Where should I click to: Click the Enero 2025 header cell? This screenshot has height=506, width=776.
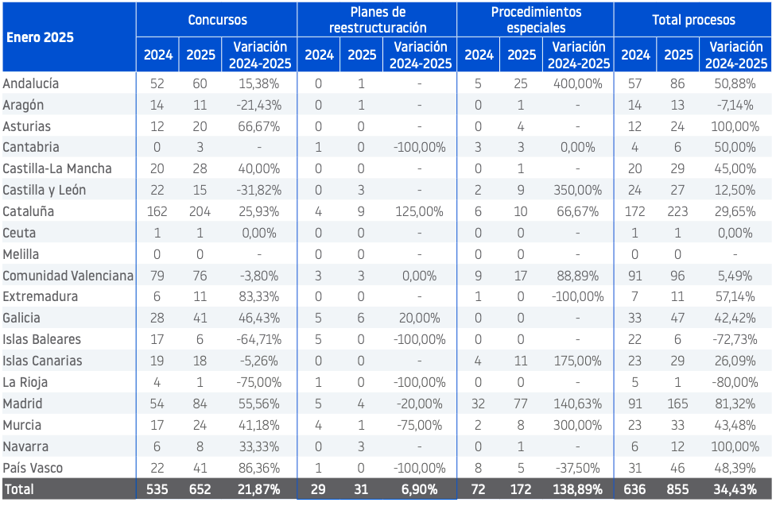(40, 37)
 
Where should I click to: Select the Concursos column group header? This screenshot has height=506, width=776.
(217, 20)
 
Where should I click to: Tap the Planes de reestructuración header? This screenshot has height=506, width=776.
(378, 20)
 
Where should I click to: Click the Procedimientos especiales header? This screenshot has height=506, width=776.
(536, 20)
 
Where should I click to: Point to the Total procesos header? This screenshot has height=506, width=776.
(693, 20)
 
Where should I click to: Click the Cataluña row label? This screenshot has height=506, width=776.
(28, 212)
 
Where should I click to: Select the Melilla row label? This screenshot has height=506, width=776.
(21, 254)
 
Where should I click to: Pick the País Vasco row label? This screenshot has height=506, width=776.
(33, 468)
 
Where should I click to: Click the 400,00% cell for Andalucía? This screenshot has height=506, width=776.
(578, 83)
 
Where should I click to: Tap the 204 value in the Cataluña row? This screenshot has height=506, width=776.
(200, 212)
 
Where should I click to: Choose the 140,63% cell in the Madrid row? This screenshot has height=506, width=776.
(578, 404)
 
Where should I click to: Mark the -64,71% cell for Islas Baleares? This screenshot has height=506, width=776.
(259, 339)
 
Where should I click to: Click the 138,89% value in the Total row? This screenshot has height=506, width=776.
(578, 489)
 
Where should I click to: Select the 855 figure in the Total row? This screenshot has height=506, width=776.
(677, 489)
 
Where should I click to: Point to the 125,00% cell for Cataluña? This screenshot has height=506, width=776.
(419, 212)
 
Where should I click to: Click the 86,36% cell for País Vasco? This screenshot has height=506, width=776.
(259, 468)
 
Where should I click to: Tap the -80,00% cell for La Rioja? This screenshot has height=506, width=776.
(735, 382)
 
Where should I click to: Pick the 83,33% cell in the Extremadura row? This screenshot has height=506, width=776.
(259, 297)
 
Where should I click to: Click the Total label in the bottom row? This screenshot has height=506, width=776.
(19, 489)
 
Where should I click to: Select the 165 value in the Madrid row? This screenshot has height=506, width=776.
(677, 404)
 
